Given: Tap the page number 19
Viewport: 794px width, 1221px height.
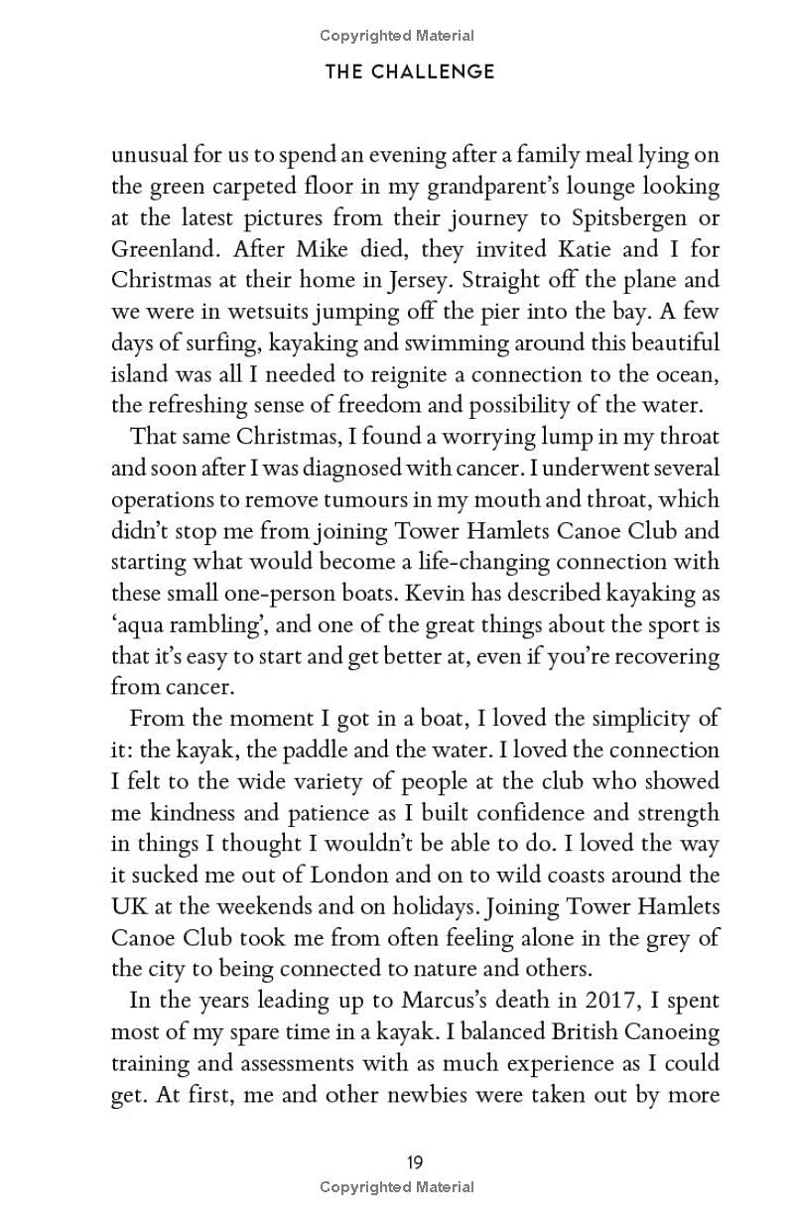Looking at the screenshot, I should point(416,1162).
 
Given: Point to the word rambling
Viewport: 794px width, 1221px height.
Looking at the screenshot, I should point(220,625).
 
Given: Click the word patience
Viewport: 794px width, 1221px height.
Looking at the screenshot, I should point(327,813).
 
